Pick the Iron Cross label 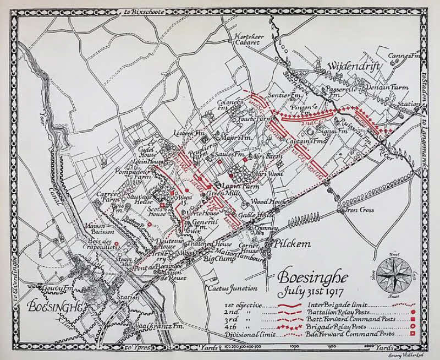point(360,210)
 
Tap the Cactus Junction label point(232,288)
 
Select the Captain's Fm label point(299,141)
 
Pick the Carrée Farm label point(108,197)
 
